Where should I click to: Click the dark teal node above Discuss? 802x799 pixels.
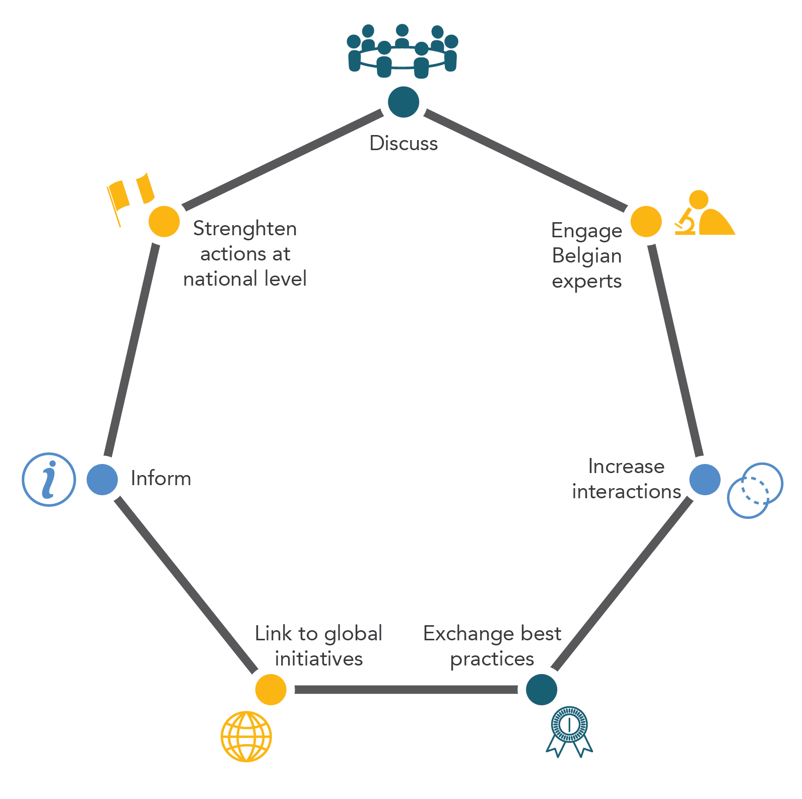point(404,102)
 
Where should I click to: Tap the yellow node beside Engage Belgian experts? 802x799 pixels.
point(646,221)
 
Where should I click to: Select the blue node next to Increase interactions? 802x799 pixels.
point(704,479)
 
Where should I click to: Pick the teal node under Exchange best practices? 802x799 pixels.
point(541,689)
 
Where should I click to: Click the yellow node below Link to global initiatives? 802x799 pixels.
point(271,689)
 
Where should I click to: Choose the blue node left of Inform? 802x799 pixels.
point(102,479)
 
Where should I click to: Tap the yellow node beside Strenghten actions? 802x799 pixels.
point(164,221)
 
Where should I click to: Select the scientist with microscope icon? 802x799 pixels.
point(704,214)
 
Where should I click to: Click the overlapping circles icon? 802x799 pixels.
point(755,490)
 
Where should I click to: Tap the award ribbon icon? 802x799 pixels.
point(569,730)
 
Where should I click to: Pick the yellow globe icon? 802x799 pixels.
point(246,736)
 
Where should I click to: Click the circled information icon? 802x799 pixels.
point(49,479)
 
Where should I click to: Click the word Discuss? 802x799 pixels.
point(404,144)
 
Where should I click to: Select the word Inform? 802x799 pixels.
point(161,479)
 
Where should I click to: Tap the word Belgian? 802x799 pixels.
point(586,256)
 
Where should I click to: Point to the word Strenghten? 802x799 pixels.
point(245,229)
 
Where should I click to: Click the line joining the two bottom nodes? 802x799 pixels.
point(406,689)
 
